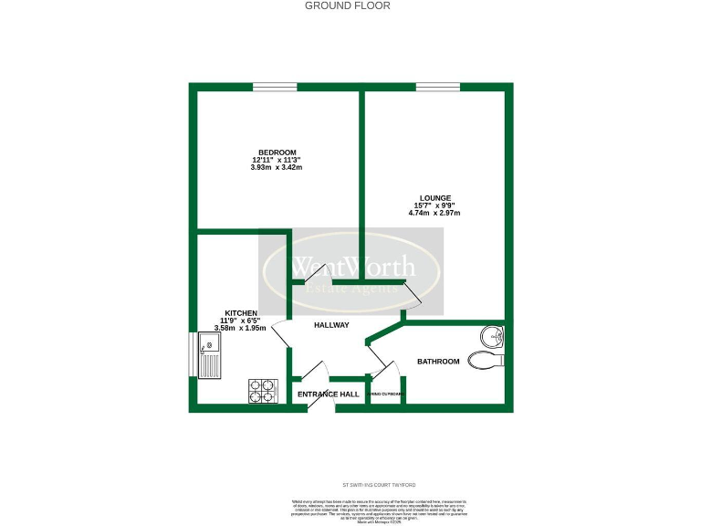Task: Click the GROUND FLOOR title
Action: [347, 5]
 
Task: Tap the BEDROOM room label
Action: [277, 153]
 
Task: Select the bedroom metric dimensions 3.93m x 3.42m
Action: [277, 167]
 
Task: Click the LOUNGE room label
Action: [434, 198]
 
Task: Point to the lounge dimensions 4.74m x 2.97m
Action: [434, 213]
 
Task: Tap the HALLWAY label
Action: [331, 325]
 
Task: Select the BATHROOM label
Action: [438, 362]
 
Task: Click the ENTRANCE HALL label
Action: [324, 394]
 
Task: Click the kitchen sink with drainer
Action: [209, 356]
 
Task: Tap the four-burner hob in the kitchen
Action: [262, 391]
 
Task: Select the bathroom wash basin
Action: [494, 338]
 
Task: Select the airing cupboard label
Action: [388, 394]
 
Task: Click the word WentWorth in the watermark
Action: [352, 267]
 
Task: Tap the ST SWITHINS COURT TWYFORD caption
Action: [376, 485]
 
